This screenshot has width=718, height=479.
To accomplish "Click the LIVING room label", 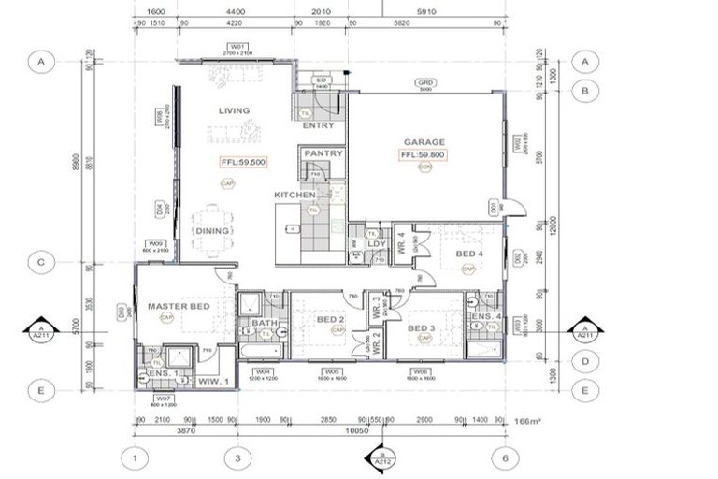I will point(234,110).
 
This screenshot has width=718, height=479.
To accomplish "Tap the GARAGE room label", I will point(424,142).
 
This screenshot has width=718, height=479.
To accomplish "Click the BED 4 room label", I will point(469,254).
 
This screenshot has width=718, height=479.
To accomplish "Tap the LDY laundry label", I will point(377,244).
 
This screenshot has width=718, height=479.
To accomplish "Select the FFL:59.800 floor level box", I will point(423,154).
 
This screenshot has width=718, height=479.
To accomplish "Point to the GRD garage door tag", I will point(425,83).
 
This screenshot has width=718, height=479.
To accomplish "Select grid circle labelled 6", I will point(504,458).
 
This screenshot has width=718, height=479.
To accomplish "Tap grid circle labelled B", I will point(584,91).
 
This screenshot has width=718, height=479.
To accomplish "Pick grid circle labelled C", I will point(40,263).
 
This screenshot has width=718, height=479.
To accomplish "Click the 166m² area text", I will point(528,424).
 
